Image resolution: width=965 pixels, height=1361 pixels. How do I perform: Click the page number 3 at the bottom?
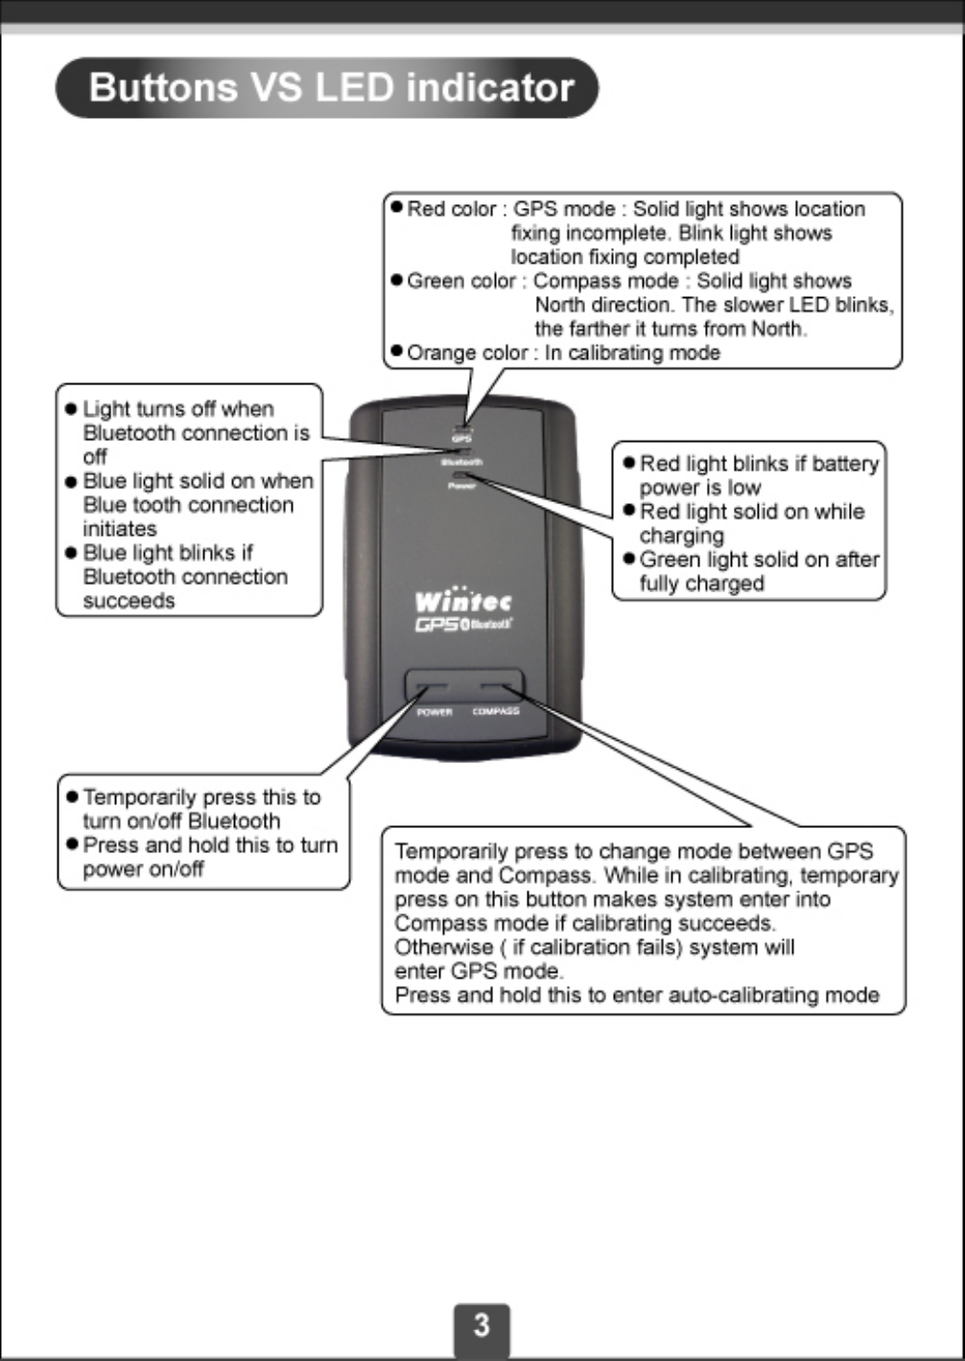click(x=481, y=1324)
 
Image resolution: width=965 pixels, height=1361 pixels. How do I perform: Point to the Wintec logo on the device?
click(x=463, y=601)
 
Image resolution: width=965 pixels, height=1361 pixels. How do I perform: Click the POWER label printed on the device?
click(x=434, y=712)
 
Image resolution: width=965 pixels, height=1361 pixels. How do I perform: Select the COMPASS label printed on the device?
click(x=496, y=711)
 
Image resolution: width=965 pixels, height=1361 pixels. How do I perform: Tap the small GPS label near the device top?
click(x=462, y=439)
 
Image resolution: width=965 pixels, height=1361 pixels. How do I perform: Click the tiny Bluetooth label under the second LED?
click(x=462, y=462)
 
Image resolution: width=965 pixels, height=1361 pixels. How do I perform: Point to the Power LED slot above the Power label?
click(x=462, y=475)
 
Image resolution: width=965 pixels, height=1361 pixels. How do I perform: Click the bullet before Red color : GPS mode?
click(x=397, y=207)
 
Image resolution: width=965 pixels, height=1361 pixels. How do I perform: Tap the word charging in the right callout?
click(x=682, y=536)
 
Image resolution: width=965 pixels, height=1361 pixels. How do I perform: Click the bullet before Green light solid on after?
click(x=629, y=559)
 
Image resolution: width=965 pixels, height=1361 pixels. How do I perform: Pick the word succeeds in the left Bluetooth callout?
click(x=129, y=601)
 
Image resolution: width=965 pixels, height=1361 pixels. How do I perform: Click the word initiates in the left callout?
click(x=120, y=528)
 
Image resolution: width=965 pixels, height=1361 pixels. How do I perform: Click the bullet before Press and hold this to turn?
click(x=72, y=845)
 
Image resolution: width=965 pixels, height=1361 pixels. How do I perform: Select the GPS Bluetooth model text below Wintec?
click(x=463, y=625)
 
